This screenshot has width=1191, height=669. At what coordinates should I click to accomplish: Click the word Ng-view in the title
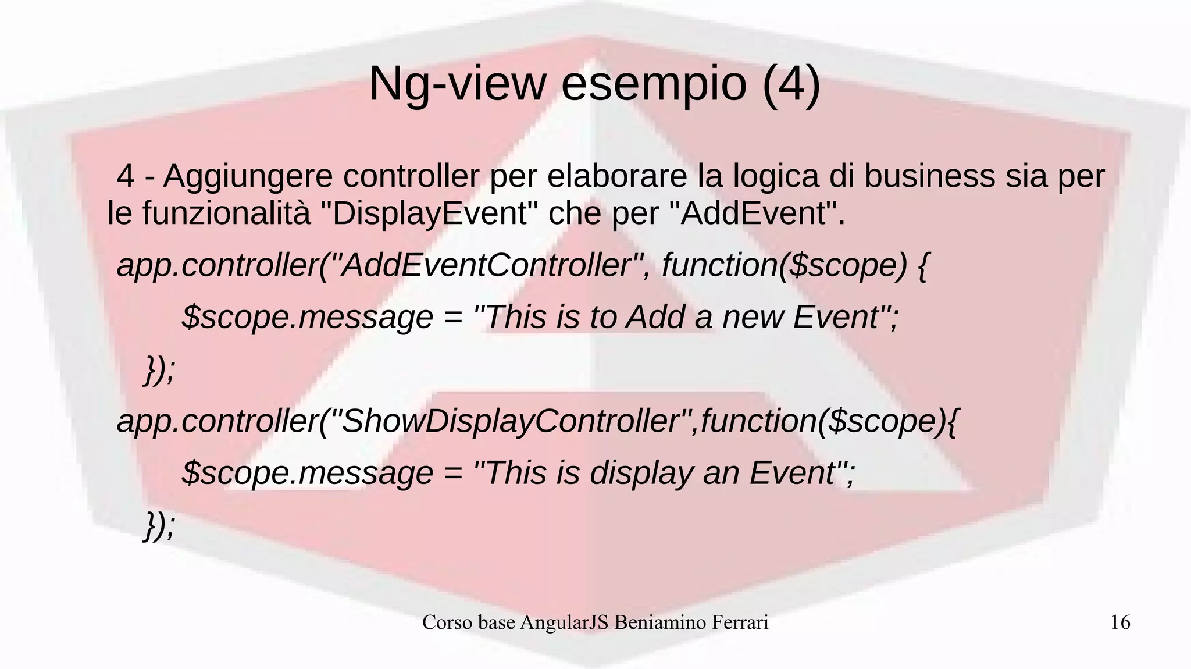[x=457, y=84]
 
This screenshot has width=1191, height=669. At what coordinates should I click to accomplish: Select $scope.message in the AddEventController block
[x=307, y=318]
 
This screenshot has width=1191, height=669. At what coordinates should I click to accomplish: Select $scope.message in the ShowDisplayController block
[x=307, y=473]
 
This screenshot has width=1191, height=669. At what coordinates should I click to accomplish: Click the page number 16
[x=1120, y=622]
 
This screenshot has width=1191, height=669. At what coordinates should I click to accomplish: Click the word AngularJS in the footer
[x=564, y=622]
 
